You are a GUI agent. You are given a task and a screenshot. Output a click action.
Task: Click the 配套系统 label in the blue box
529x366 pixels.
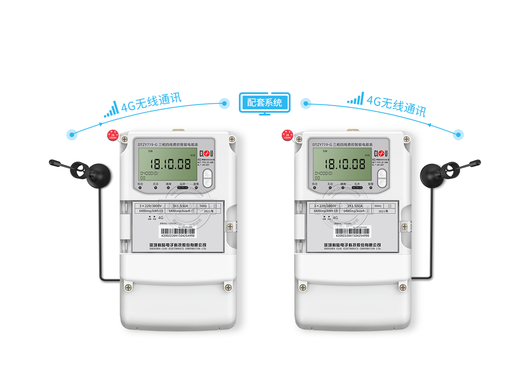pos(264,103)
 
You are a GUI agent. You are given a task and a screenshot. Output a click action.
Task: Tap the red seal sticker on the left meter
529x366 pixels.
pos(113,135)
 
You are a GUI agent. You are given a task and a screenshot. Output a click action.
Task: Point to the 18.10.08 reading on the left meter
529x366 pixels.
pos(171,164)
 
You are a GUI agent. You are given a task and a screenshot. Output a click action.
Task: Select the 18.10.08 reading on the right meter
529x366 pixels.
pos(345,164)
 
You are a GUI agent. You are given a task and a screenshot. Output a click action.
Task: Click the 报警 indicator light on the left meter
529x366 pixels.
pos(197,188)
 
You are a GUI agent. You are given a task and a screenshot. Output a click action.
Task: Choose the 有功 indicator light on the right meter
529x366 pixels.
pos(315,188)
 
